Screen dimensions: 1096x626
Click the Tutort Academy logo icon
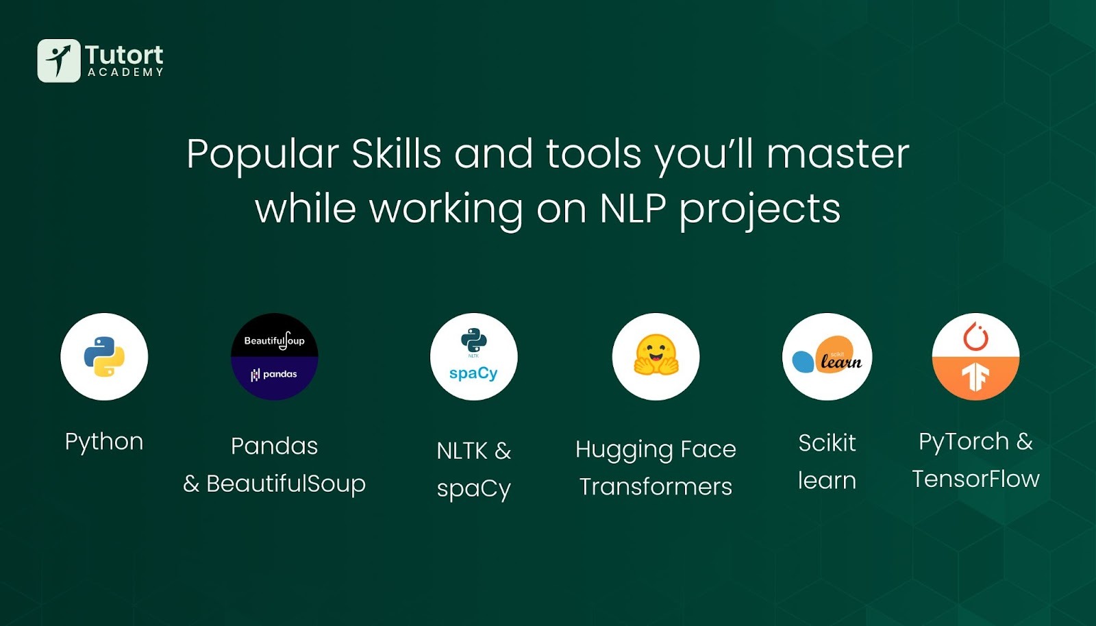(59, 61)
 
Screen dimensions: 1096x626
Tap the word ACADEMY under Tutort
(126, 72)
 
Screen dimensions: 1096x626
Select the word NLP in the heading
(633, 208)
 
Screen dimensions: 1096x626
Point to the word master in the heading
(837, 153)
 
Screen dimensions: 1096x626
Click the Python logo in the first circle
(104, 357)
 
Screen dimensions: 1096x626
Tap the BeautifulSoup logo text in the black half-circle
(275, 340)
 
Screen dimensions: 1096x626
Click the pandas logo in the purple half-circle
(274, 375)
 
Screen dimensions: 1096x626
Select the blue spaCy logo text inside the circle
(473, 374)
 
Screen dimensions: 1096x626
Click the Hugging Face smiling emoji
(656, 355)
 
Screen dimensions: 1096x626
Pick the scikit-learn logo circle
(827, 357)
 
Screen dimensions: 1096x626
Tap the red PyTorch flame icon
(975, 336)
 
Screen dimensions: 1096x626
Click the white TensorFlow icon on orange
(975, 377)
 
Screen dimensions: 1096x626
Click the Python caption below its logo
(104, 442)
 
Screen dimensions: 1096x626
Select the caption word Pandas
(275, 446)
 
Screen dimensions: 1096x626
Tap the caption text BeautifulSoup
(286, 484)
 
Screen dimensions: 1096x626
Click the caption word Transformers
(656, 486)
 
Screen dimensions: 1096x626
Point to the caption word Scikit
(827, 442)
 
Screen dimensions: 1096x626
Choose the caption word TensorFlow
(975, 478)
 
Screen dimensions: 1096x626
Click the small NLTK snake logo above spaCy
(473, 341)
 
